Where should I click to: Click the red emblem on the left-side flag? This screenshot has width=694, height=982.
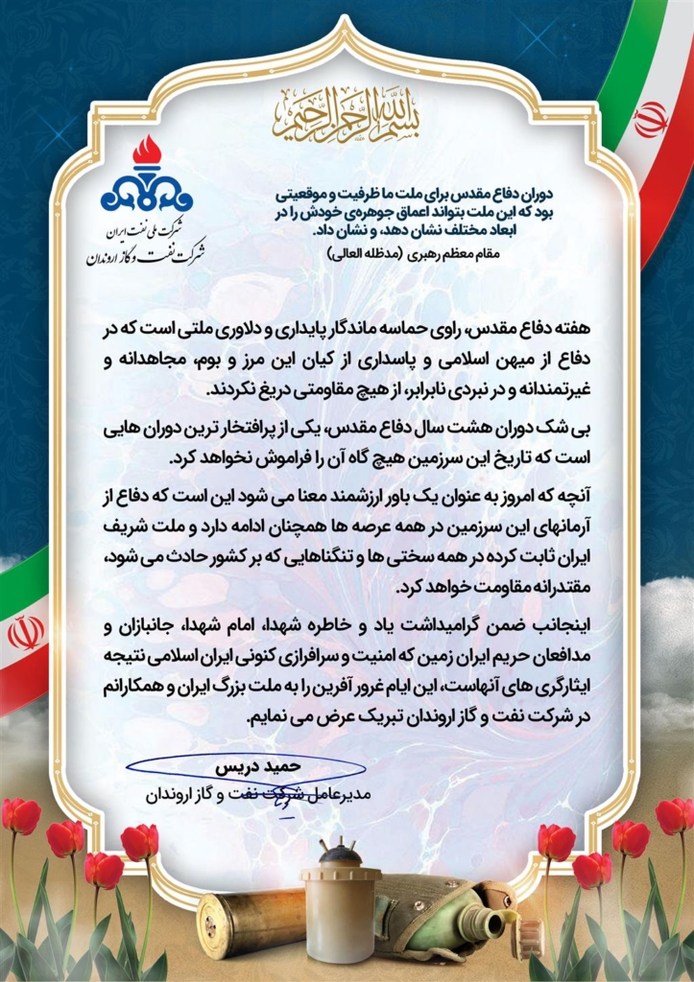[26, 633]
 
